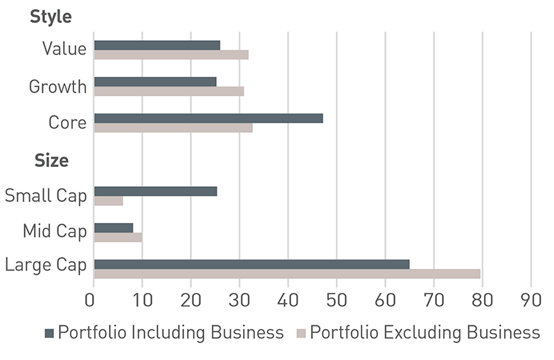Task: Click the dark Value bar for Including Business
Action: pos(157,45)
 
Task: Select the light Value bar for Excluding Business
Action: pos(171,54)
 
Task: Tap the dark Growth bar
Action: pos(155,82)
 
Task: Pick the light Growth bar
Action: pos(169,91)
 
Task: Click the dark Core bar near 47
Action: pos(208,118)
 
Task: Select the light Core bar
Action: pos(173,127)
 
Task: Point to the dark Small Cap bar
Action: pos(156,191)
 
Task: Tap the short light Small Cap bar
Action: pos(109,201)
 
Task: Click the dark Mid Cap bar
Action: pos(114,228)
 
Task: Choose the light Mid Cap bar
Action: pos(118,237)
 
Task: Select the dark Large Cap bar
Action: pos(251,264)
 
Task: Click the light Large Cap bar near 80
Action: pos(287,273)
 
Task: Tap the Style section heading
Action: pos(51,17)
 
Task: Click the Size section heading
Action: pos(51,161)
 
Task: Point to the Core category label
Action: pos(67,123)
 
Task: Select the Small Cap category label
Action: pos(46,196)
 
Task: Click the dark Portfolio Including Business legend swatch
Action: pos(49,333)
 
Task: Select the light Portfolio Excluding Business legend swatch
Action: pos(301,333)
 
